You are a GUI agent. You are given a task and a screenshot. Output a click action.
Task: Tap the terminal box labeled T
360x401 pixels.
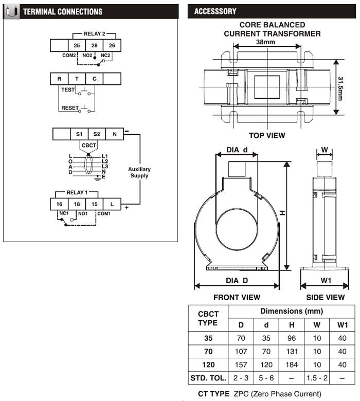click(x=77, y=79)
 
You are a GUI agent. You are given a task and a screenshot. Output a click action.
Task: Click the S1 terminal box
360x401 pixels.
click(x=79, y=134)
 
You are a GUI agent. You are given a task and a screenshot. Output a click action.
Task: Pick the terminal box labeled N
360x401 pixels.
click(x=114, y=134)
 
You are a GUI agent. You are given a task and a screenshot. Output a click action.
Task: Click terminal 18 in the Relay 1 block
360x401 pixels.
click(x=77, y=204)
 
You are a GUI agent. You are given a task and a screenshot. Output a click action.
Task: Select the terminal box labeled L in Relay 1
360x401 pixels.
click(x=112, y=204)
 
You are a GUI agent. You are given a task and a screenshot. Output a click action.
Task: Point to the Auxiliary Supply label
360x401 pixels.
click(x=139, y=172)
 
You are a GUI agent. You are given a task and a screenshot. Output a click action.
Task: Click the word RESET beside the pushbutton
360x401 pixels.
click(x=69, y=108)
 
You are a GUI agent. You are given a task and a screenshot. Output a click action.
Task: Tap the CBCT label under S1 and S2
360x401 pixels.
click(x=88, y=145)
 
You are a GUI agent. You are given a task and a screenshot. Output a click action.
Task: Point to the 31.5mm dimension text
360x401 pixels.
click(x=340, y=87)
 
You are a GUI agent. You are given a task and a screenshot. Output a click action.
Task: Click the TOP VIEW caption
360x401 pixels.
click(x=267, y=136)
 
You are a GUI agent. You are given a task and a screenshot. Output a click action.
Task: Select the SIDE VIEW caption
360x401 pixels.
click(x=325, y=297)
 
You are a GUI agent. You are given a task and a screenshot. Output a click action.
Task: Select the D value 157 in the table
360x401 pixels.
click(x=241, y=365)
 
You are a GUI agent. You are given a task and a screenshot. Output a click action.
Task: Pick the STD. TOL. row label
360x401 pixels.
click(x=208, y=378)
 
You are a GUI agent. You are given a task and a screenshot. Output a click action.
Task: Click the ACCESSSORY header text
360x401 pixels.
click(x=215, y=11)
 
